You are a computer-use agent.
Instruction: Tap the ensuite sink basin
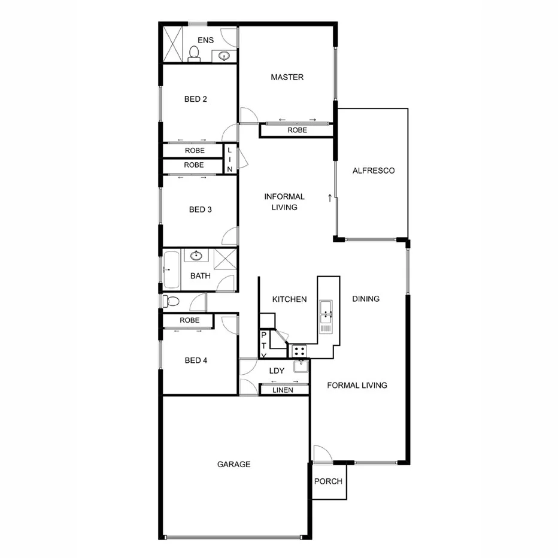(224, 56)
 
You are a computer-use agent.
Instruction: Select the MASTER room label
(287, 77)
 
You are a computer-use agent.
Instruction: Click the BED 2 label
(196, 99)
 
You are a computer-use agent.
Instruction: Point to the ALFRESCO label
(373, 171)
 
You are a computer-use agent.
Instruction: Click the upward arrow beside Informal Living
(329, 197)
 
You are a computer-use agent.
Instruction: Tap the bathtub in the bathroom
(171, 270)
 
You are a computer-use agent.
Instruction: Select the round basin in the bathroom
(196, 256)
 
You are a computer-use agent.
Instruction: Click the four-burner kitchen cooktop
(299, 351)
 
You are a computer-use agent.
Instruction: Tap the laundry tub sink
(300, 366)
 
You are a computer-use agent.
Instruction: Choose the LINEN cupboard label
(283, 390)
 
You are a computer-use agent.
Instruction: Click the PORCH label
(328, 481)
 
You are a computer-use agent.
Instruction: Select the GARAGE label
(233, 464)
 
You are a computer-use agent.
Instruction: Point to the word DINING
(366, 299)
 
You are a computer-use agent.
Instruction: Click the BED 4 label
(196, 360)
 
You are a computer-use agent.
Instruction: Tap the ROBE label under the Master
(297, 130)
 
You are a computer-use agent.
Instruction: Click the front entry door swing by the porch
(320, 453)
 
